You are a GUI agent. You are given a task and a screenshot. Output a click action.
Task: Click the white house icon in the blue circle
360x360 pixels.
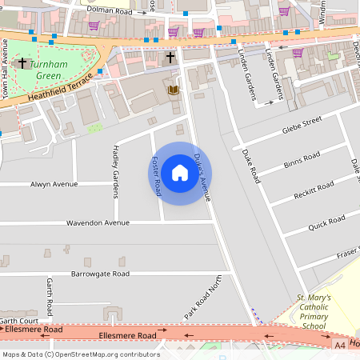(180, 173)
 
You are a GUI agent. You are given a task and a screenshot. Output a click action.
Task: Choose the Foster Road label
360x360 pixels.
(157, 176)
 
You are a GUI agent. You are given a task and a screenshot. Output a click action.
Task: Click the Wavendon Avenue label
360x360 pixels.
(98, 222)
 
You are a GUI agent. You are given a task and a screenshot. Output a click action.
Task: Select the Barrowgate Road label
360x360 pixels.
(100, 274)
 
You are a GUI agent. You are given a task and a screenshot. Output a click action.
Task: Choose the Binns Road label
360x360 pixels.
(302, 161)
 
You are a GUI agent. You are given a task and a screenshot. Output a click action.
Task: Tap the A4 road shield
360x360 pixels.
(340, 345)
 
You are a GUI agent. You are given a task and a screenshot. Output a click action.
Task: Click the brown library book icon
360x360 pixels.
(172, 90)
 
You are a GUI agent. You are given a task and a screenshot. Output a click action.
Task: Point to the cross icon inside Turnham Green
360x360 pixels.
(22, 62)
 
